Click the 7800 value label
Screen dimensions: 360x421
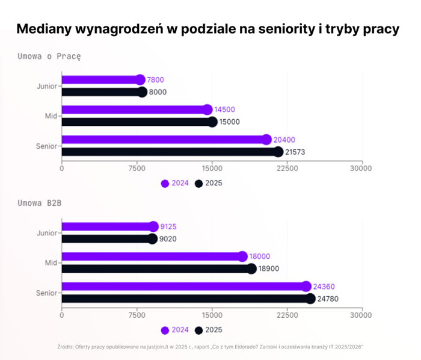tap(155, 79)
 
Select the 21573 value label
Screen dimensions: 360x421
tap(295, 152)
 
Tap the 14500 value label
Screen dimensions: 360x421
tap(224, 110)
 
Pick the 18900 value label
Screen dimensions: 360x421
tap(269, 268)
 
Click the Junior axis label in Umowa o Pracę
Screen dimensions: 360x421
tap(46, 86)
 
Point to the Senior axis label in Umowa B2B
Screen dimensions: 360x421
tap(46, 293)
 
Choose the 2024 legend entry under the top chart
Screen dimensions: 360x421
tap(174, 183)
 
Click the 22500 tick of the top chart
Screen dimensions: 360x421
tap(287, 169)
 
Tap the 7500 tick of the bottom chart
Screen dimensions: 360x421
tap(137, 315)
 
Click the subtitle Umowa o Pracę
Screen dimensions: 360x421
tap(49, 56)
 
